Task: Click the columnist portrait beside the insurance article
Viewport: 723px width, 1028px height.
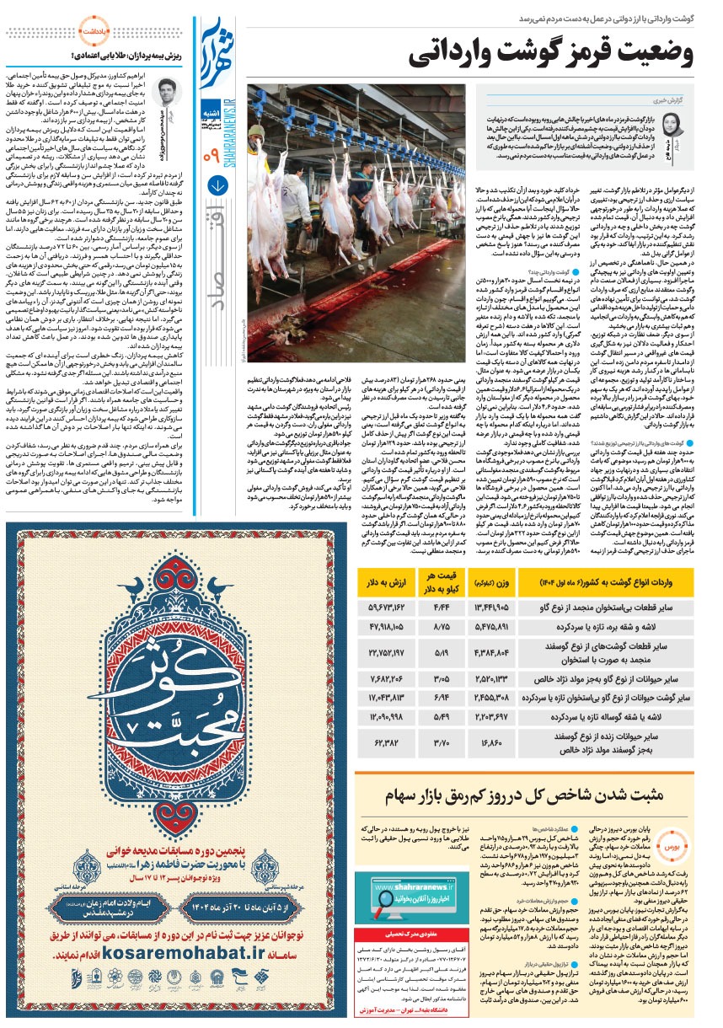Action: click(x=166, y=98)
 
